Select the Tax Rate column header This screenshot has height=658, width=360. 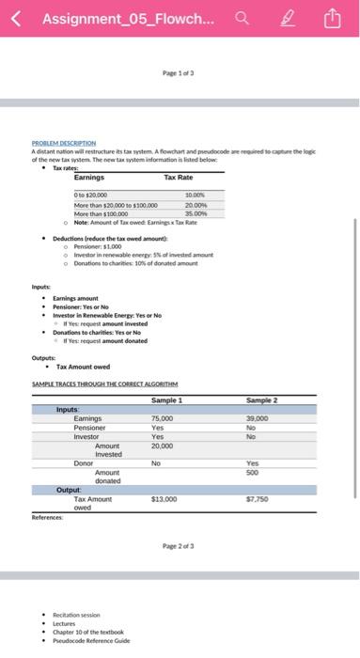click(x=179, y=177)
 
